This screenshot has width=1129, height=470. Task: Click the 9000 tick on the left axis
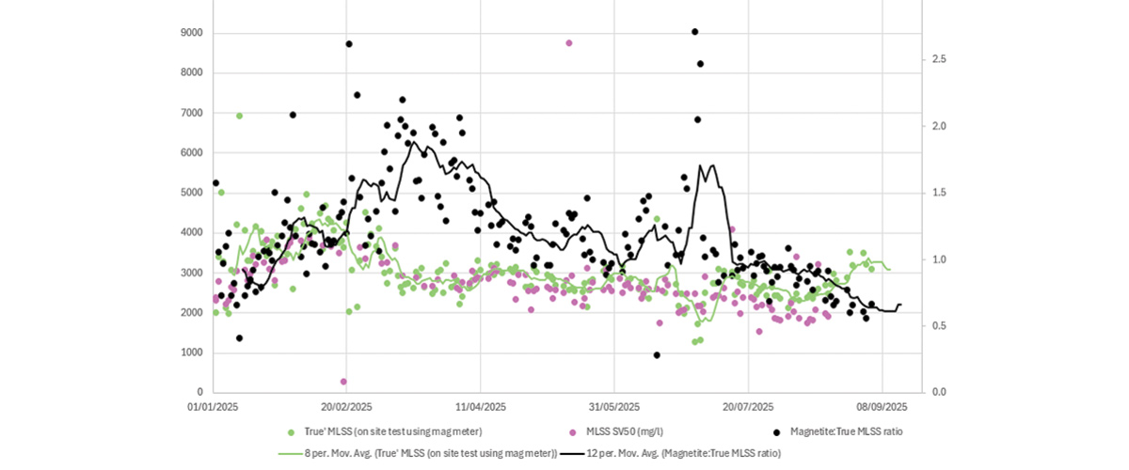click(192, 33)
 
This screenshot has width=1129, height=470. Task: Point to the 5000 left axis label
click(192, 193)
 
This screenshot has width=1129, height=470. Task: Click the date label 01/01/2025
click(214, 407)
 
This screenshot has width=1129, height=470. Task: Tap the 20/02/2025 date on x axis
click(347, 407)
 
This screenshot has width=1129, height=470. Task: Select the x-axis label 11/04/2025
click(481, 407)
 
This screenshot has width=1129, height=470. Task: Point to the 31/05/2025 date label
click(614, 407)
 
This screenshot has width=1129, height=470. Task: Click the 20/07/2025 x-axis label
click(748, 407)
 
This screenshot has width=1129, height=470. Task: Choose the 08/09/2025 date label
click(883, 407)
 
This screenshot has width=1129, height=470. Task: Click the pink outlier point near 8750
click(568, 43)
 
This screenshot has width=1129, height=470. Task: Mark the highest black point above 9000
click(694, 32)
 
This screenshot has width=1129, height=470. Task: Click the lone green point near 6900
click(239, 116)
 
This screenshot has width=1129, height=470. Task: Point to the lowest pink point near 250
click(343, 382)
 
